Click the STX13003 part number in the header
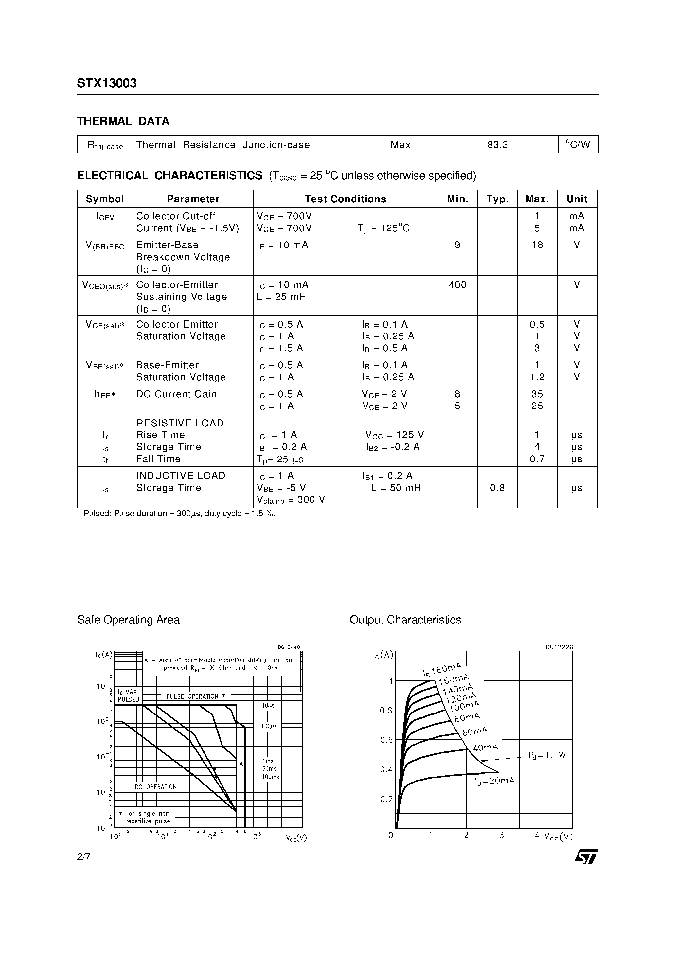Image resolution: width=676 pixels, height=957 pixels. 107,84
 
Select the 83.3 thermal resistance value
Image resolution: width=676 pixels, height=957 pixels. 498,145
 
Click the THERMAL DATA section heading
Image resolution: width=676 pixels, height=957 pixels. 123,121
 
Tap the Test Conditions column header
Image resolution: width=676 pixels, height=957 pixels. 345,199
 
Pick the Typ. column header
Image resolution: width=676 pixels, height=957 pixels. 497,199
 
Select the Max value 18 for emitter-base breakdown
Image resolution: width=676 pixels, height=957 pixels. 537,245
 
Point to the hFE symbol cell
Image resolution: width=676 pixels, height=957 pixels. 105,395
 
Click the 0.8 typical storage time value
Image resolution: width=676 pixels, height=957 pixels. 497,488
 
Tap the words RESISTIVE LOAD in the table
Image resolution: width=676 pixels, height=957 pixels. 180,423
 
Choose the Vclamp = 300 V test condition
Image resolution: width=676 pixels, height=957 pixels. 291,500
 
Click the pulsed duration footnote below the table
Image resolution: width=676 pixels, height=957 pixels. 176,514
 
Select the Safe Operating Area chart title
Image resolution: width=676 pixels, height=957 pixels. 128,620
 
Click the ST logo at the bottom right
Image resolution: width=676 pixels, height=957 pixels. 586,857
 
